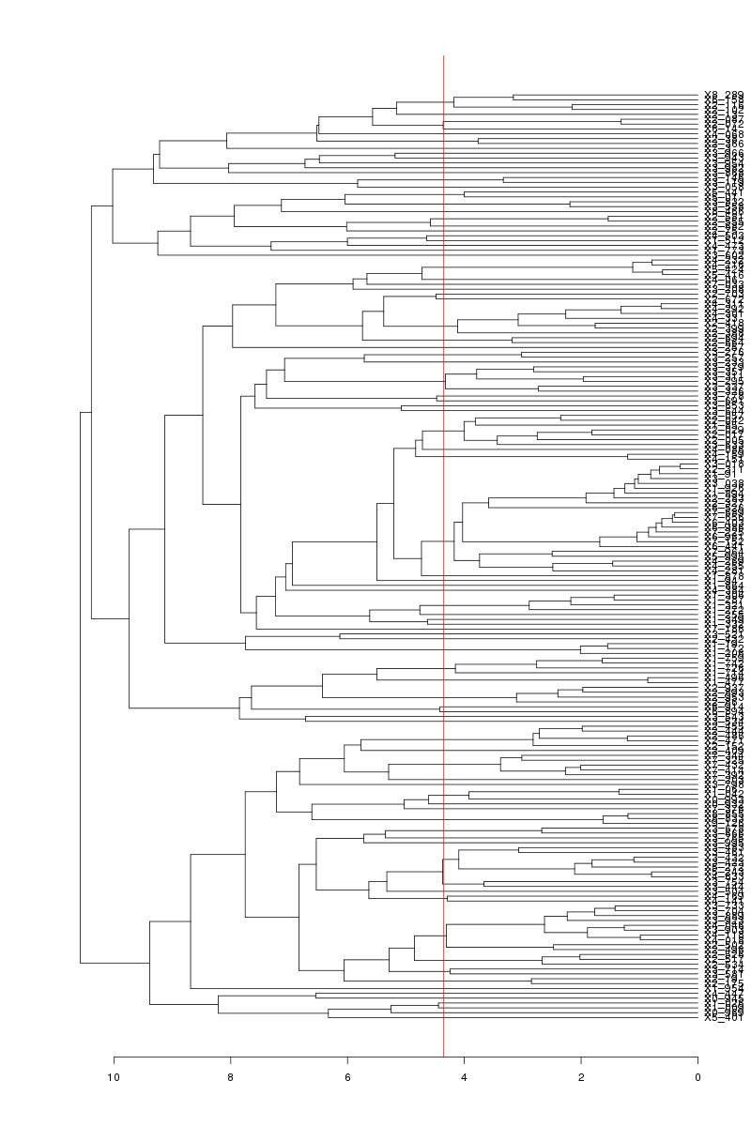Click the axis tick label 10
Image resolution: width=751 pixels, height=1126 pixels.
115,1076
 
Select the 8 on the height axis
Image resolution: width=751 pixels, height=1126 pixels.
231,1076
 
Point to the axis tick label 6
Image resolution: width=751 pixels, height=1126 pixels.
347,1076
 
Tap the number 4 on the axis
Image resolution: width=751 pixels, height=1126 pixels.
464,1076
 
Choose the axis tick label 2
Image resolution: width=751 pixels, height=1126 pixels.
581,1076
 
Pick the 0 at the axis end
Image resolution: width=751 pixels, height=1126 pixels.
697,1076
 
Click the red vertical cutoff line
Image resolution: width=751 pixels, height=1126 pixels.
443,563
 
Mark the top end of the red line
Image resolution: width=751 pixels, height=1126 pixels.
443,56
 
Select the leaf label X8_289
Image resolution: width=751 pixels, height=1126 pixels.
724,95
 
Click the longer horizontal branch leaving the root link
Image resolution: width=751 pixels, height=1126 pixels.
115,963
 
